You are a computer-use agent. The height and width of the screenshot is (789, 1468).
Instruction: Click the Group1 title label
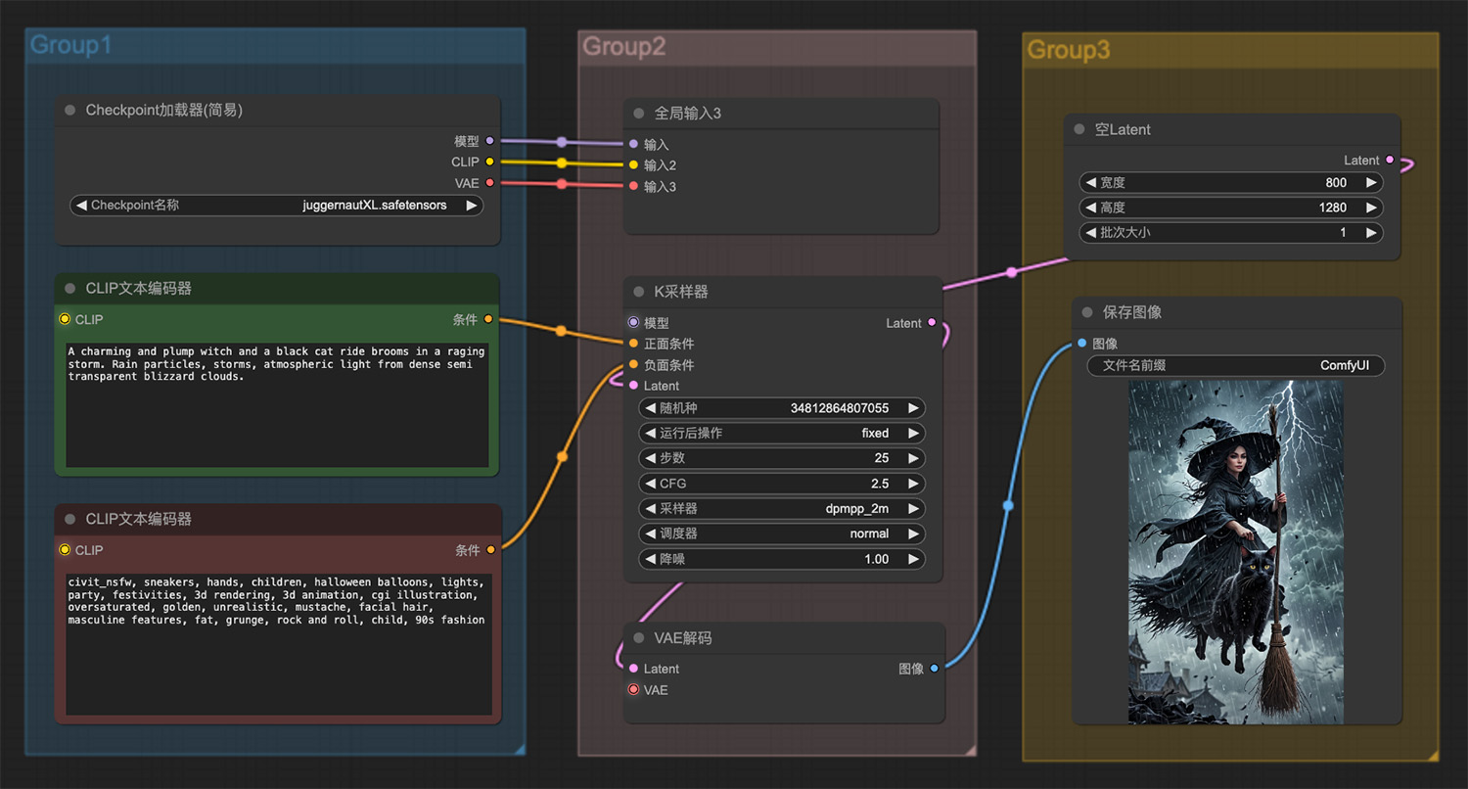[70, 45]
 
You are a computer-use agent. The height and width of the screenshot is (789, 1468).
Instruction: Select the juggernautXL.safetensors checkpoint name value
[374, 206]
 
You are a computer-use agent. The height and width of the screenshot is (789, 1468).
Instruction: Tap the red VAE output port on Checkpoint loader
[489, 183]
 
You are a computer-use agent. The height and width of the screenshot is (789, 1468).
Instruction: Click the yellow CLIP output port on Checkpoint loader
[489, 162]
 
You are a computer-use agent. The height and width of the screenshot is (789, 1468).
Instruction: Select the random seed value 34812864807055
[839, 408]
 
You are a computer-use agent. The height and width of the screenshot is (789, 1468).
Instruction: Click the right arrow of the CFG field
[913, 484]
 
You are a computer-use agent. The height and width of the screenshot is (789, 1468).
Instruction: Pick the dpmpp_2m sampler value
[856, 508]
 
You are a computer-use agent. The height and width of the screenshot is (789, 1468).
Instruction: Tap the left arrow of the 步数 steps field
[650, 458]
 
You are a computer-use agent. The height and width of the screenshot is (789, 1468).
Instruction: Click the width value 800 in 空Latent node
[1336, 183]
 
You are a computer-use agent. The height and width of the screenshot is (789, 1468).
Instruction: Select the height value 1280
[1332, 208]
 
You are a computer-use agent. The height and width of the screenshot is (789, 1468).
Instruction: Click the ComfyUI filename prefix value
[1344, 366]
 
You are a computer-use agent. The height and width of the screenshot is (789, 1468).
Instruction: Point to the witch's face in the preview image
[1236, 460]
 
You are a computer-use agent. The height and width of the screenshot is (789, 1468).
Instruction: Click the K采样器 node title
[681, 292]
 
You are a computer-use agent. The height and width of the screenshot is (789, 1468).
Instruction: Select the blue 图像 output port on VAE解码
[934, 669]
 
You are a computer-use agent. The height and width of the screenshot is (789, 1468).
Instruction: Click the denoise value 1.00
[876, 559]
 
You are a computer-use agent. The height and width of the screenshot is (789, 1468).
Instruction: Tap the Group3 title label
[1069, 50]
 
